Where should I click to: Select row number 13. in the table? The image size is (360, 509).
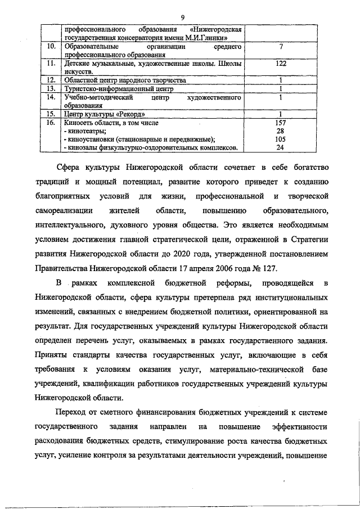(x=49, y=89)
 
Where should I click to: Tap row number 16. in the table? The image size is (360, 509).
(x=49, y=122)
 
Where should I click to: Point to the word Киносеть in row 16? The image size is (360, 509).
(x=80, y=122)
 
